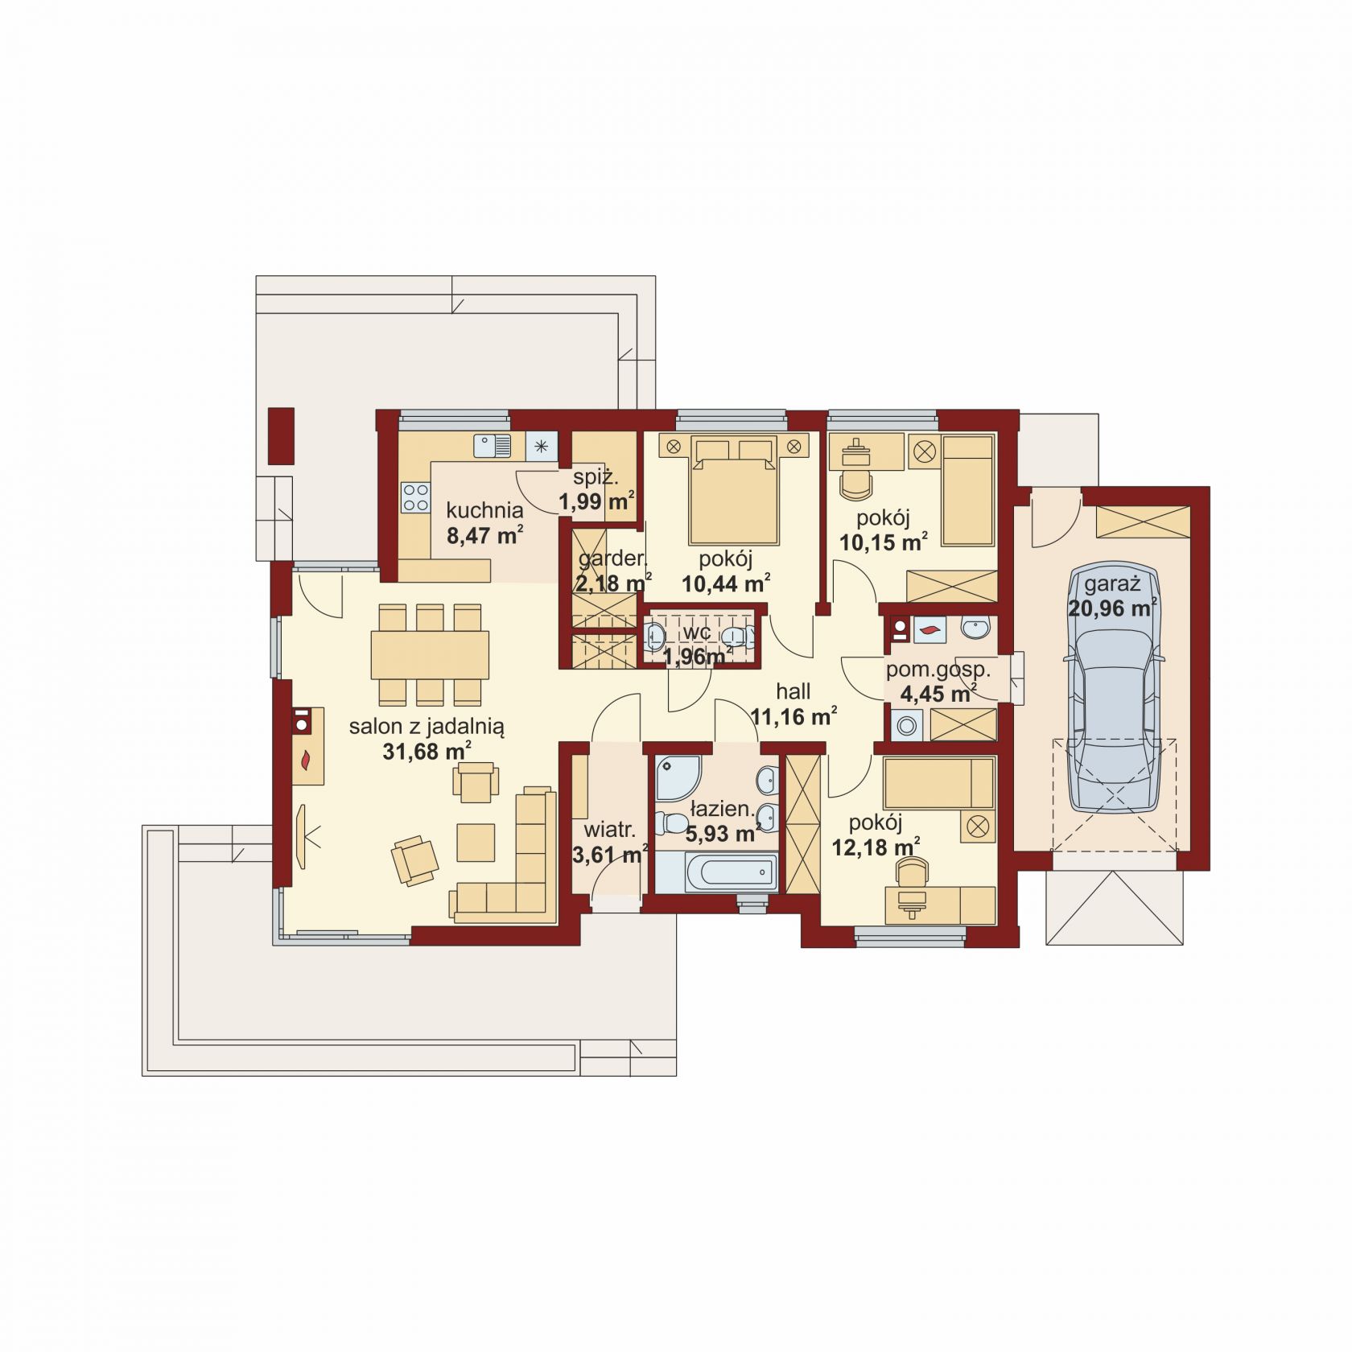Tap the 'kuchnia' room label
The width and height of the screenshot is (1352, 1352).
(x=484, y=510)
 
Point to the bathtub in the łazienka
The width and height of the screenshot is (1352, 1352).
(x=715, y=873)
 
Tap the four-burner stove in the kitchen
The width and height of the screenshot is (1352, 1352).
(x=416, y=497)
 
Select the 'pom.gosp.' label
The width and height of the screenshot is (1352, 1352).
(x=938, y=670)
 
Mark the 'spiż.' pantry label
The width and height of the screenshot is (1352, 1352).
(x=596, y=477)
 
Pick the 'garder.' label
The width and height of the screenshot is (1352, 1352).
(x=612, y=559)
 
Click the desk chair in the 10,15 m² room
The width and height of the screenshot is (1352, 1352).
(x=855, y=484)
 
